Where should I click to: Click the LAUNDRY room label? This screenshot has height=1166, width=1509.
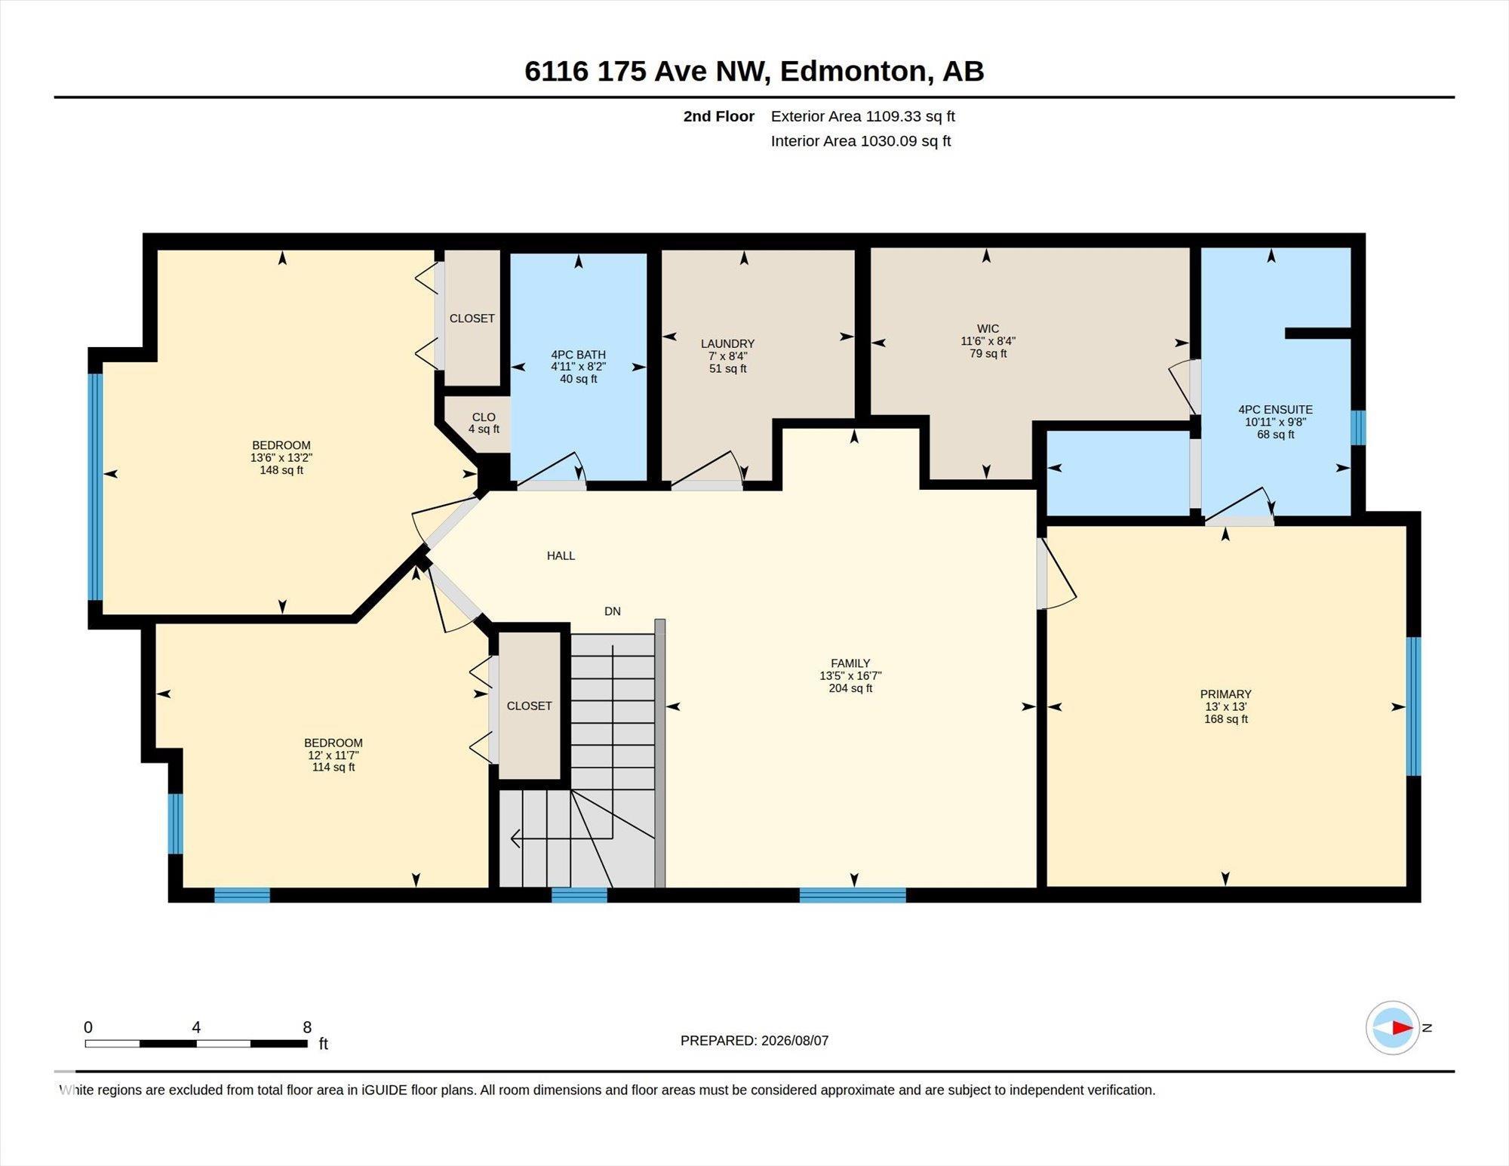point(727,343)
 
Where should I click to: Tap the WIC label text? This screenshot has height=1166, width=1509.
point(988,328)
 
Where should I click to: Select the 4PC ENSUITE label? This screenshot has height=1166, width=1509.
point(1275,410)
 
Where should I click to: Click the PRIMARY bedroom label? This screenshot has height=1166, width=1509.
point(1225,694)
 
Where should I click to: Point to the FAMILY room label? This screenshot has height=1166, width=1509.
point(850,663)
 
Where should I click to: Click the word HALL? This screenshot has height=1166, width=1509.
point(561,555)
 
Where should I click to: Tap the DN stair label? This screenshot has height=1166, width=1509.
point(613,611)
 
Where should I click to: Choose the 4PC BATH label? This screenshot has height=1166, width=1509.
point(578,355)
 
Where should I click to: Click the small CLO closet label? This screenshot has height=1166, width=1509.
point(484,417)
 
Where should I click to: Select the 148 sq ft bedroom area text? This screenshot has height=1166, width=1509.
point(281,470)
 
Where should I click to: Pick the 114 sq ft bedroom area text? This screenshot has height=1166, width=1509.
point(333,768)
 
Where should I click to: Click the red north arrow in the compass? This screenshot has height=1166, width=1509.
point(1403,1028)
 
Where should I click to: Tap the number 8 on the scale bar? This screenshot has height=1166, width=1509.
point(307,1027)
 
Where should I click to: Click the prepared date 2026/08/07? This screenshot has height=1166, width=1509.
point(795,1041)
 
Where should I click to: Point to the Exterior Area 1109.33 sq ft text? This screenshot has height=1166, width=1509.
point(863,116)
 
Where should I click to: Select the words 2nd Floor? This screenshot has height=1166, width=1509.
point(719,116)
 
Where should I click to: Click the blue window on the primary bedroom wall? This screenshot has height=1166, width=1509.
point(1414,706)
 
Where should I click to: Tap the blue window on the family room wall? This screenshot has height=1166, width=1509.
point(853,895)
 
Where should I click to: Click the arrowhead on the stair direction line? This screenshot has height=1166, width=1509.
point(517,838)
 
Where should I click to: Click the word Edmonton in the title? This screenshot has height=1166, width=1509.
point(853,71)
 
